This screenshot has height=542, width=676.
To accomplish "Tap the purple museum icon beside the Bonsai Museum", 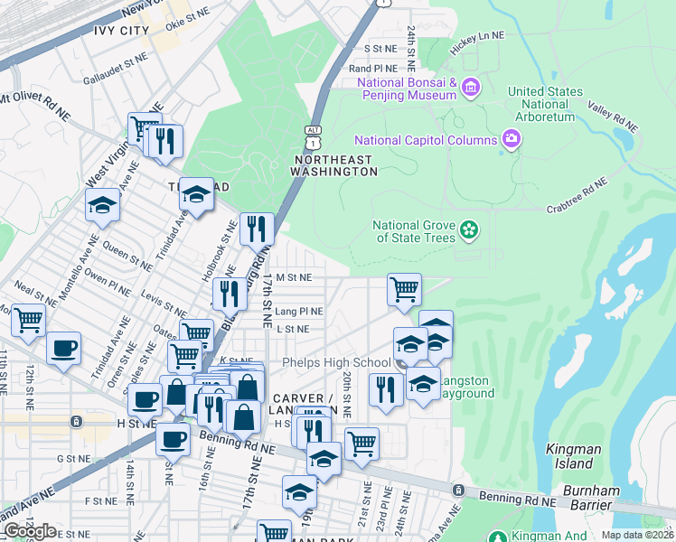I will tap(470, 88).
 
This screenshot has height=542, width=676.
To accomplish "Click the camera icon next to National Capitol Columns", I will tap(512, 139).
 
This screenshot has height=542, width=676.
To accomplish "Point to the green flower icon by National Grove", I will tap(468, 231).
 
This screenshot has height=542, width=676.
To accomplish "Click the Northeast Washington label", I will tap(333, 165).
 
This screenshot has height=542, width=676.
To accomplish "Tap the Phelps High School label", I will tap(335, 363).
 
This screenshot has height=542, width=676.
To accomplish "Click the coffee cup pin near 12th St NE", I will tap(63, 350).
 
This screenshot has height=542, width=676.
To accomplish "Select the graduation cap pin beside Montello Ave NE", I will tap(103, 205).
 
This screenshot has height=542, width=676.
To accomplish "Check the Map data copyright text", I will tap(638, 535).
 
